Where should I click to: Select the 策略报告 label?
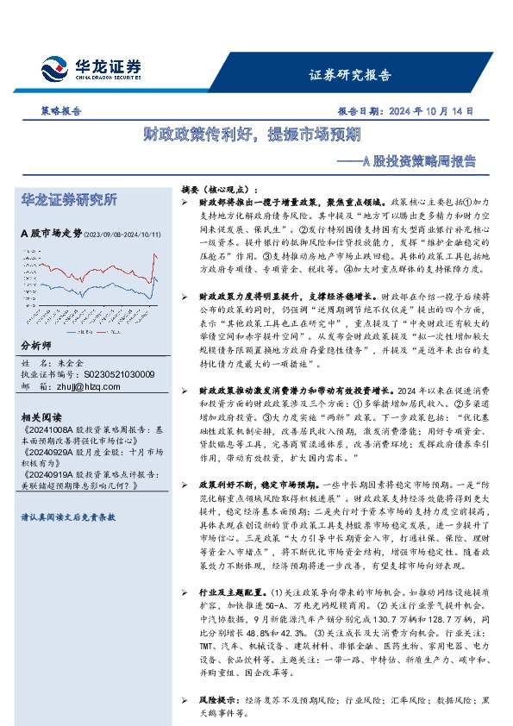click(x=61, y=111)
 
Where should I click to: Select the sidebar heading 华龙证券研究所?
click(x=68, y=200)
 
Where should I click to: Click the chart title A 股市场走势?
click(x=51, y=233)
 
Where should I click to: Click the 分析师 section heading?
click(x=36, y=345)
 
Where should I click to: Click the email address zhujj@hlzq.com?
click(x=87, y=387)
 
